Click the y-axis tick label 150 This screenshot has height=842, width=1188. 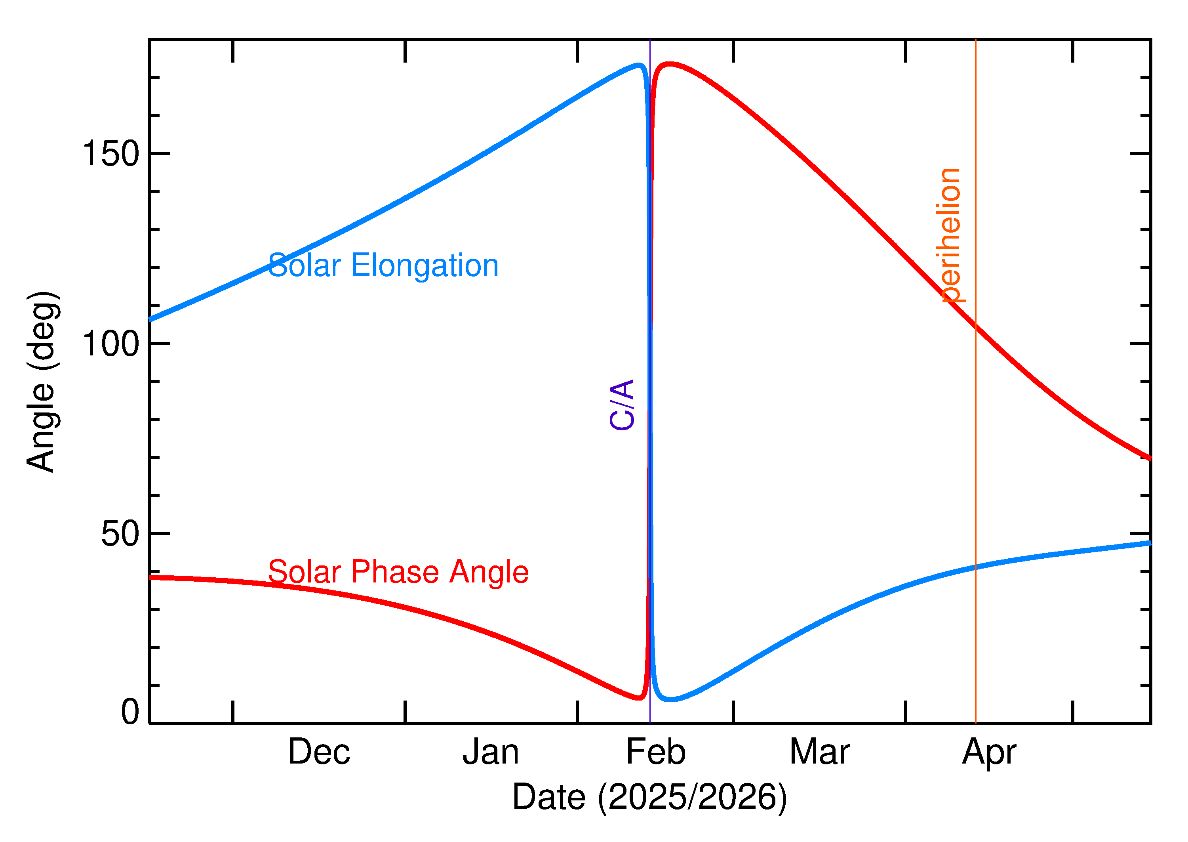click(110, 154)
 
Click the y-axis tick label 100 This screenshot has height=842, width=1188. click(110, 344)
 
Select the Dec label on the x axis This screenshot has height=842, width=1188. click(319, 752)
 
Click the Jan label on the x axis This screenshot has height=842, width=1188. click(491, 752)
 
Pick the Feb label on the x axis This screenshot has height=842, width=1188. click(655, 752)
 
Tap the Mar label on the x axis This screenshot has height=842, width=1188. click(819, 752)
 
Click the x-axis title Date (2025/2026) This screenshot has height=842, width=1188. click(649, 797)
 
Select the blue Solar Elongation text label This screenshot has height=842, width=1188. click(383, 265)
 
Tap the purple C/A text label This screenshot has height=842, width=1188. click(622, 405)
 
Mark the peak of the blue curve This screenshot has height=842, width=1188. click(640, 65)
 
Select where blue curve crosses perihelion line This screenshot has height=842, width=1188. click(976, 567)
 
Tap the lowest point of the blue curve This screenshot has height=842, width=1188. click(671, 699)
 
